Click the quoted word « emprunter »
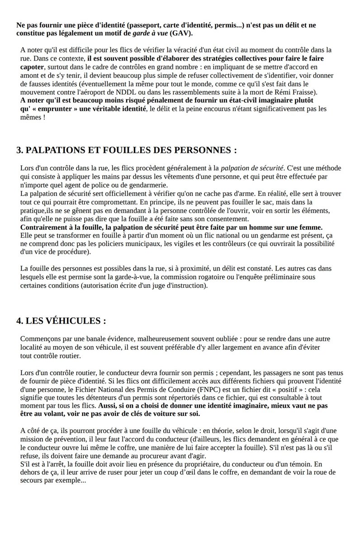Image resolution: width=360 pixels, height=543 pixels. (50, 109)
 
